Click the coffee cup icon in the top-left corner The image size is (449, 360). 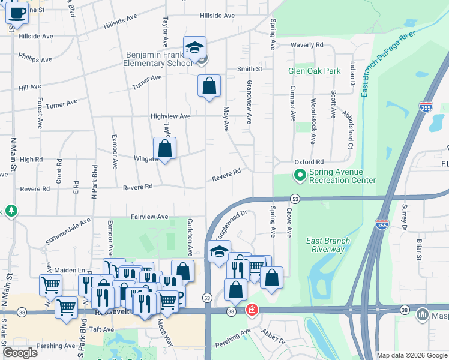tap(17, 12)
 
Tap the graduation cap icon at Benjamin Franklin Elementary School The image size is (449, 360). tap(194, 47)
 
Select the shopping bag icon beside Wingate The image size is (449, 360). tap(165, 148)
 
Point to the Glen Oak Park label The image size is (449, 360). tap(314, 71)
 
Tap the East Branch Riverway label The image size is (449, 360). tap(328, 245)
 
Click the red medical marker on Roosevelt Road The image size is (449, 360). tap(253, 310)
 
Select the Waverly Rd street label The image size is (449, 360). tap(307, 45)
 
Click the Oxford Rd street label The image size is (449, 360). tap(309, 162)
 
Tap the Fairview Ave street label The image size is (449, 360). tap(149, 217)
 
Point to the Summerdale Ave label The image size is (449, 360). tap(68, 231)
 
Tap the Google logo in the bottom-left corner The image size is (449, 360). tap(20, 353)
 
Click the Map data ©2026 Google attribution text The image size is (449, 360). tap(412, 355)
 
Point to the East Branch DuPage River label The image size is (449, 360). tap(388, 60)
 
